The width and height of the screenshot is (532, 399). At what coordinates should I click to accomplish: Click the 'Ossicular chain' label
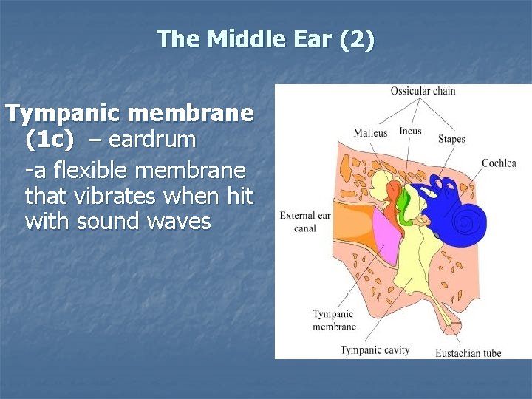(423, 91)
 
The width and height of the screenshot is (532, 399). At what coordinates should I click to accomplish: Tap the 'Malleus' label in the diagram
(370, 133)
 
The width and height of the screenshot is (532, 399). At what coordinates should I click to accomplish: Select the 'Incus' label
(410, 132)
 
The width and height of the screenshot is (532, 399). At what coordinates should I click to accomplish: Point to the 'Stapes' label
(451, 139)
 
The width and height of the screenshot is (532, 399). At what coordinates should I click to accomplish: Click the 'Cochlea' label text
(499, 163)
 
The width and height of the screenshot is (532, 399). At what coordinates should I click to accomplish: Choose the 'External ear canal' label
(304, 222)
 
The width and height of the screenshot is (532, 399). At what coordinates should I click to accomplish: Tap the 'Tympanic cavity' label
(375, 349)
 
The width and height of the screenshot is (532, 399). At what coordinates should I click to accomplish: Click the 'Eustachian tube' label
(468, 352)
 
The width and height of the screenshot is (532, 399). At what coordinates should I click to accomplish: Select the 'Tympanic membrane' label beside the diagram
(334, 320)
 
